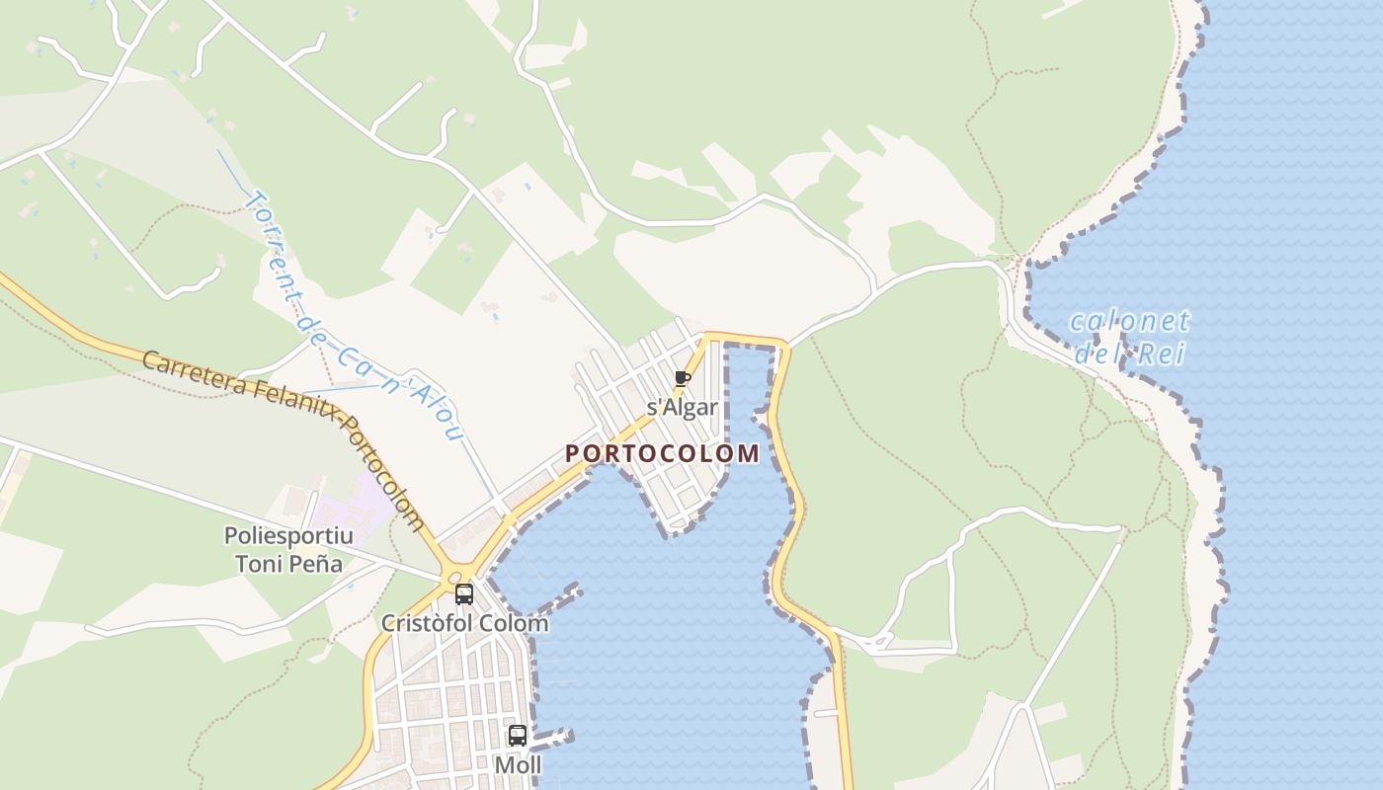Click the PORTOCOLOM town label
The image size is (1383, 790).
pyautogui.click(x=662, y=453)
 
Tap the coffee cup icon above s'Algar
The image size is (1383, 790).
pyautogui.click(x=682, y=379)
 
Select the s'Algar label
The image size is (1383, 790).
pyautogui.click(x=682, y=407)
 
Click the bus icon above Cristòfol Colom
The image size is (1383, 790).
pyautogui.click(x=463, y=594)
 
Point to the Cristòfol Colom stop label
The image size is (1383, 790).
pyautogui.click(x=464, y=623)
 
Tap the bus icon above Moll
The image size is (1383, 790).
pyautogui.click(x=518, y=736)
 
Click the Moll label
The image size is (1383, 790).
pyautogui.click(x=518, y=764)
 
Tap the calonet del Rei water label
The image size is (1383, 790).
pyautogui.click(x=1130, y=337)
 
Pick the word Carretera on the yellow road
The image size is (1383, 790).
pyautogui.click(x=188, y=373)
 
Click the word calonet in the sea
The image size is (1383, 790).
pyautogui.click(x=1130, y=321)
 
